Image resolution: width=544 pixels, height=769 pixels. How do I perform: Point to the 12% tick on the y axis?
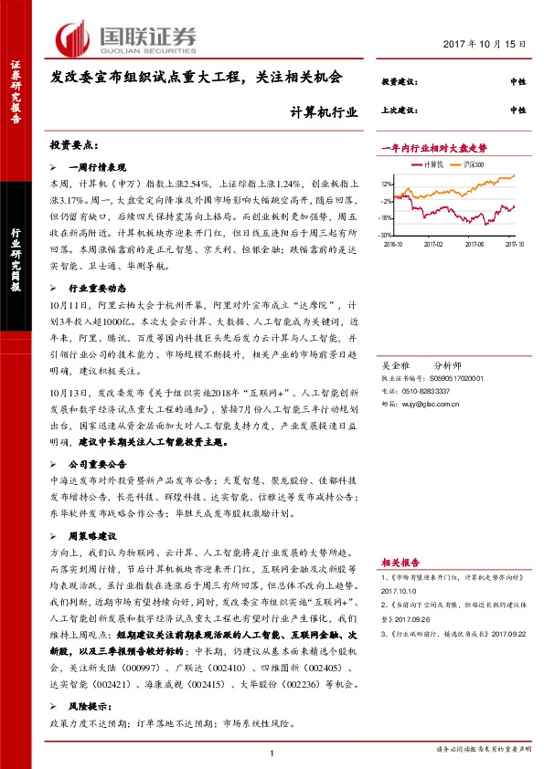(388, 184)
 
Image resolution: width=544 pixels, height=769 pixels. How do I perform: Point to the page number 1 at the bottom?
(272, 752)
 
